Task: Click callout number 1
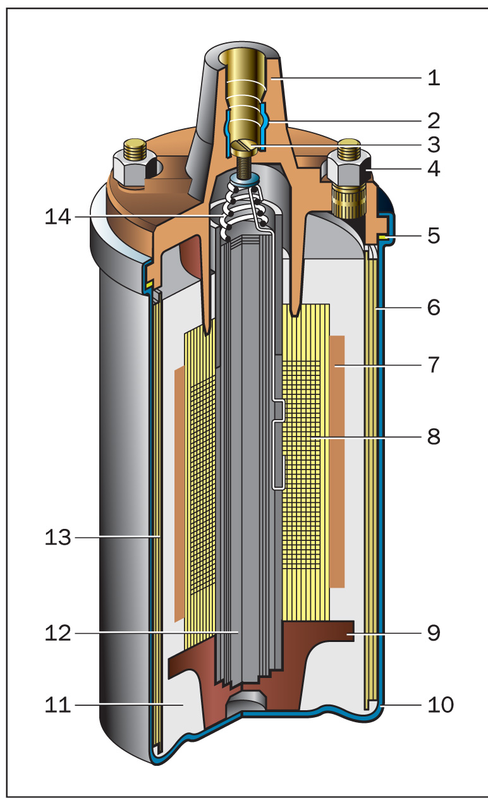point(433,78)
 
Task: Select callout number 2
point(433,120)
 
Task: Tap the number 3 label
point(433,145)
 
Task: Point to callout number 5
point(433,236)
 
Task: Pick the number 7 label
point(433,365)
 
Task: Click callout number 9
point(433,632)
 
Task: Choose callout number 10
point(441,704)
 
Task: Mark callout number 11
point(58,704)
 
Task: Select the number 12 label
point(58,632)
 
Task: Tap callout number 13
point(58,538)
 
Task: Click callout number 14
point(58,217)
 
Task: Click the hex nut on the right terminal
point(345,169)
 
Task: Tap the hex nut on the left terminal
point(131,169)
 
